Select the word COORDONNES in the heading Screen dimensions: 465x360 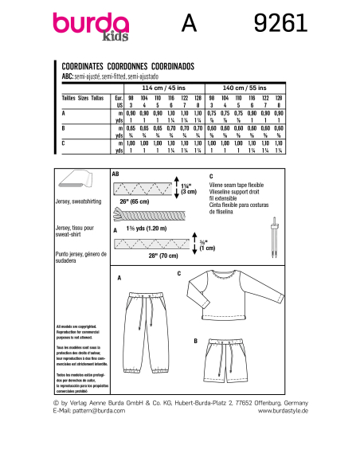tap(135, 68)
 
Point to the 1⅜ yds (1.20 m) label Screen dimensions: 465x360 tap(140, 228)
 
